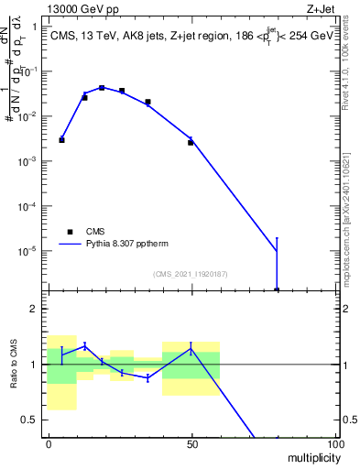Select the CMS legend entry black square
tap(69, 232)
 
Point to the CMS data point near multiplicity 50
tap(191, 142)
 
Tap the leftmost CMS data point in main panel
tap(61, 140)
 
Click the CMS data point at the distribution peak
tap(102, 88)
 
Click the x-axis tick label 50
tap(191, 443)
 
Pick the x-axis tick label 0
tap(48, 443)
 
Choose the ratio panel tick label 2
tap(35, 309)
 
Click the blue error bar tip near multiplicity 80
tap(277, 238)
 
